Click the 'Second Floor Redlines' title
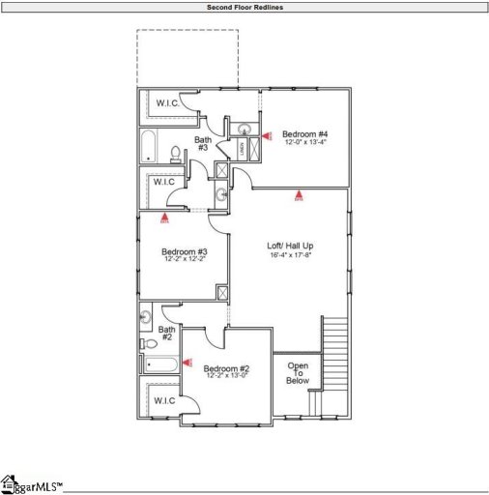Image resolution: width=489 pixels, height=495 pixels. [x=244, y=7]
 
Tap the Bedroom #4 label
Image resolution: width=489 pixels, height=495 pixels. [x=305, y=133]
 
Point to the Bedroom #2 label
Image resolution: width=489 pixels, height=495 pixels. [x=227, y=368]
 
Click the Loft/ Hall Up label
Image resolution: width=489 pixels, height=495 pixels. [x=290, y=246]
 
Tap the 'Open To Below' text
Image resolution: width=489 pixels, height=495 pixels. [x=298, y=373]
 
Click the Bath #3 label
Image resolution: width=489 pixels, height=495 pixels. [x=203, y=144]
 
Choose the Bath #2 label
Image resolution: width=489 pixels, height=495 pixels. [x=165, y=333]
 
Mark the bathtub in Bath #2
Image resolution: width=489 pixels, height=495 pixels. [x=161, y=365]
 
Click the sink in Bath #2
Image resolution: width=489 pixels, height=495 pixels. [x=146, y=315]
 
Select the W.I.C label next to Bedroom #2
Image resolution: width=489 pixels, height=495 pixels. [x=163, y=400]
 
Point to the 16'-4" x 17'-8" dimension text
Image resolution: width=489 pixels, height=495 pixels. [x=290, y=256]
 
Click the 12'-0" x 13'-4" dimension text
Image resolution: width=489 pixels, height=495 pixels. [x=305, y=143]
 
